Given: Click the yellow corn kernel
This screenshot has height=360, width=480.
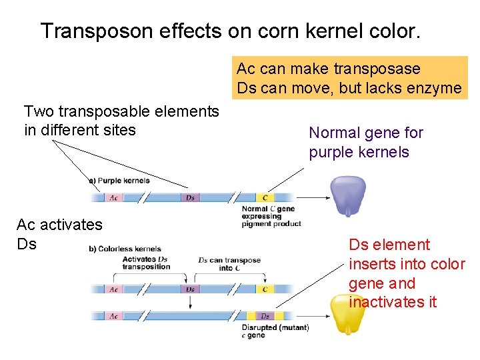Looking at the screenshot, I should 348,313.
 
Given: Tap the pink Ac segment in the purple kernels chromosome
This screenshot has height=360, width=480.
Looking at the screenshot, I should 114,197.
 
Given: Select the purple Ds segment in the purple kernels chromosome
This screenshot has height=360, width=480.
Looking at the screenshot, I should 190,197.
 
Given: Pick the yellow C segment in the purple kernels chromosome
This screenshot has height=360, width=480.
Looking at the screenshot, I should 265,197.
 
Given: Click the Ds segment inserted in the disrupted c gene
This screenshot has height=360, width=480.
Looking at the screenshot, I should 265,316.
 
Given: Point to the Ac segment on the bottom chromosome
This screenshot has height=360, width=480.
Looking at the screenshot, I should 114,316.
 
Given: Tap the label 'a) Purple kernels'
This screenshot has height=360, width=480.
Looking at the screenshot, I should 119,181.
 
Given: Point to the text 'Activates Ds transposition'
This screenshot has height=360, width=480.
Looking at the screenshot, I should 146,263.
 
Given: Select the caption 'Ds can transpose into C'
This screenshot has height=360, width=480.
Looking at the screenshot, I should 229,263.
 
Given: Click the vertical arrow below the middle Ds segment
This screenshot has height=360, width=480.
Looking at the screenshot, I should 190,301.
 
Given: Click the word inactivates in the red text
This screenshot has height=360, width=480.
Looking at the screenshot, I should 383,302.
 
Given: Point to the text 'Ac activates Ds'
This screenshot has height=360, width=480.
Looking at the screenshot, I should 59,234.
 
